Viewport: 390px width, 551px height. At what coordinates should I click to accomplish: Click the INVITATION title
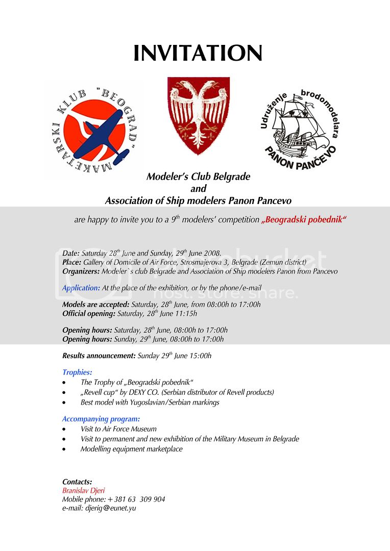(x=198, y=53)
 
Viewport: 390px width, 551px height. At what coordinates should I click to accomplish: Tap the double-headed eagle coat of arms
(x=198, y=115)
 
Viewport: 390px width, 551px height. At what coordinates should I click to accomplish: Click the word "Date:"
(x=71, y=253)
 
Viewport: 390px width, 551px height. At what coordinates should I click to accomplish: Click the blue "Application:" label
(x=81, y=288)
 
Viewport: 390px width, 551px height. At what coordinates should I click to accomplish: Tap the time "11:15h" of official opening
(x=186, y=313)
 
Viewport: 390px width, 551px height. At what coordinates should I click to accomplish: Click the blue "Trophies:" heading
(x=77, y=372)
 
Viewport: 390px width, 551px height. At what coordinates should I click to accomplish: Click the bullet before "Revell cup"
(x=64, y=393)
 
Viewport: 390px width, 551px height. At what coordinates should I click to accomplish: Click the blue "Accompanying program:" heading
(x=101, y=419)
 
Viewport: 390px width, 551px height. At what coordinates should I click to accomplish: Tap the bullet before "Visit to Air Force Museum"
(x=64, y=430)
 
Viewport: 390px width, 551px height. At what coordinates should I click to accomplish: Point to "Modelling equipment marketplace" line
(x=131, y=449)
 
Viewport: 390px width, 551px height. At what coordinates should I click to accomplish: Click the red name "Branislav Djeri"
(x=83, y=491)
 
